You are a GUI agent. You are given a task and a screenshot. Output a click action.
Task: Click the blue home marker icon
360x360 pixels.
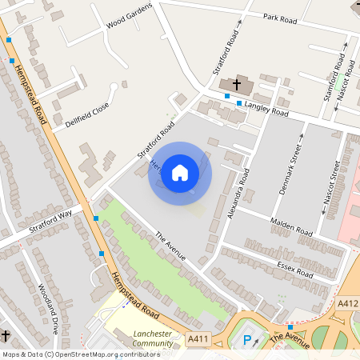coord(180,172)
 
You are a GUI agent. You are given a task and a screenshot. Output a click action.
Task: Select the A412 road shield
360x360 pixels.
coord(346,303)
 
